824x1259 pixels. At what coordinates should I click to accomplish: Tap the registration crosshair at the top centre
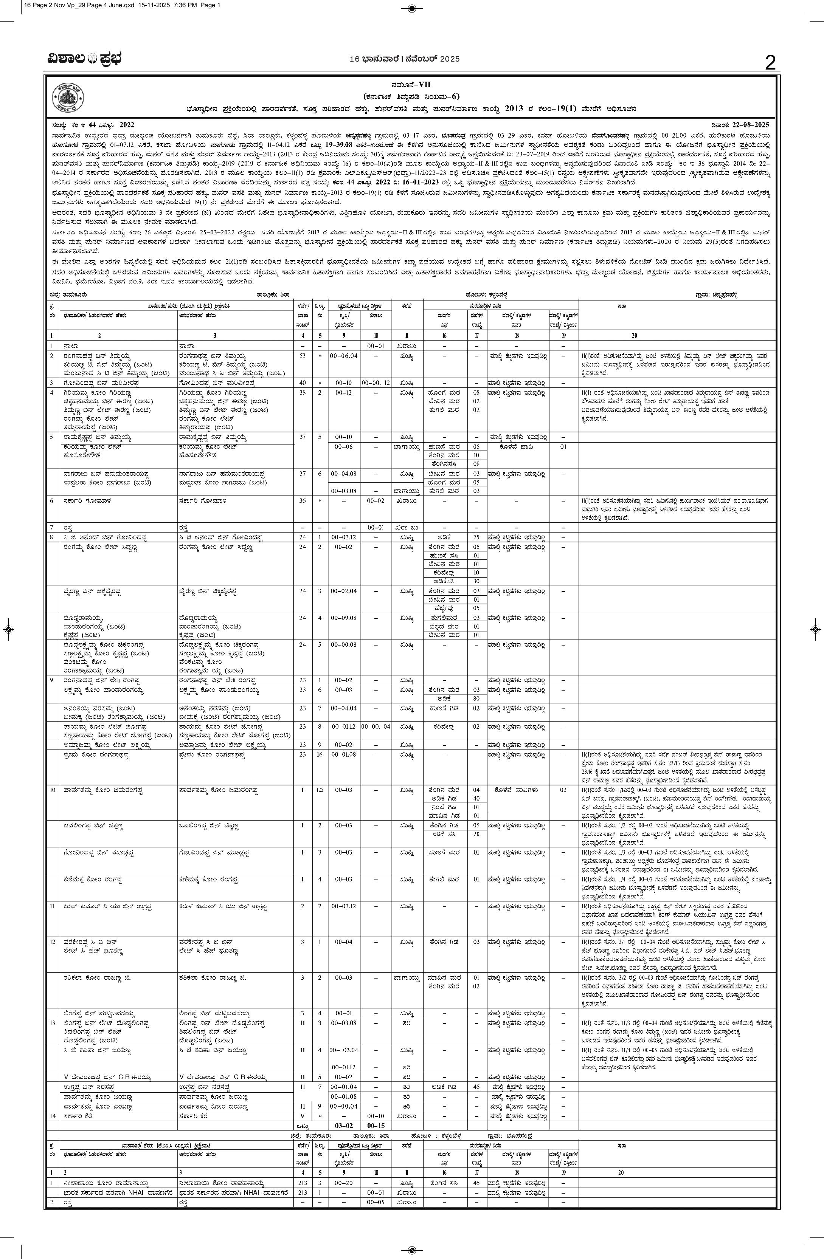412,8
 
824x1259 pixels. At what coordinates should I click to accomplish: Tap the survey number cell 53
302,356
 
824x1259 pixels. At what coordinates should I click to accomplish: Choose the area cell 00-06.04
343,356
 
